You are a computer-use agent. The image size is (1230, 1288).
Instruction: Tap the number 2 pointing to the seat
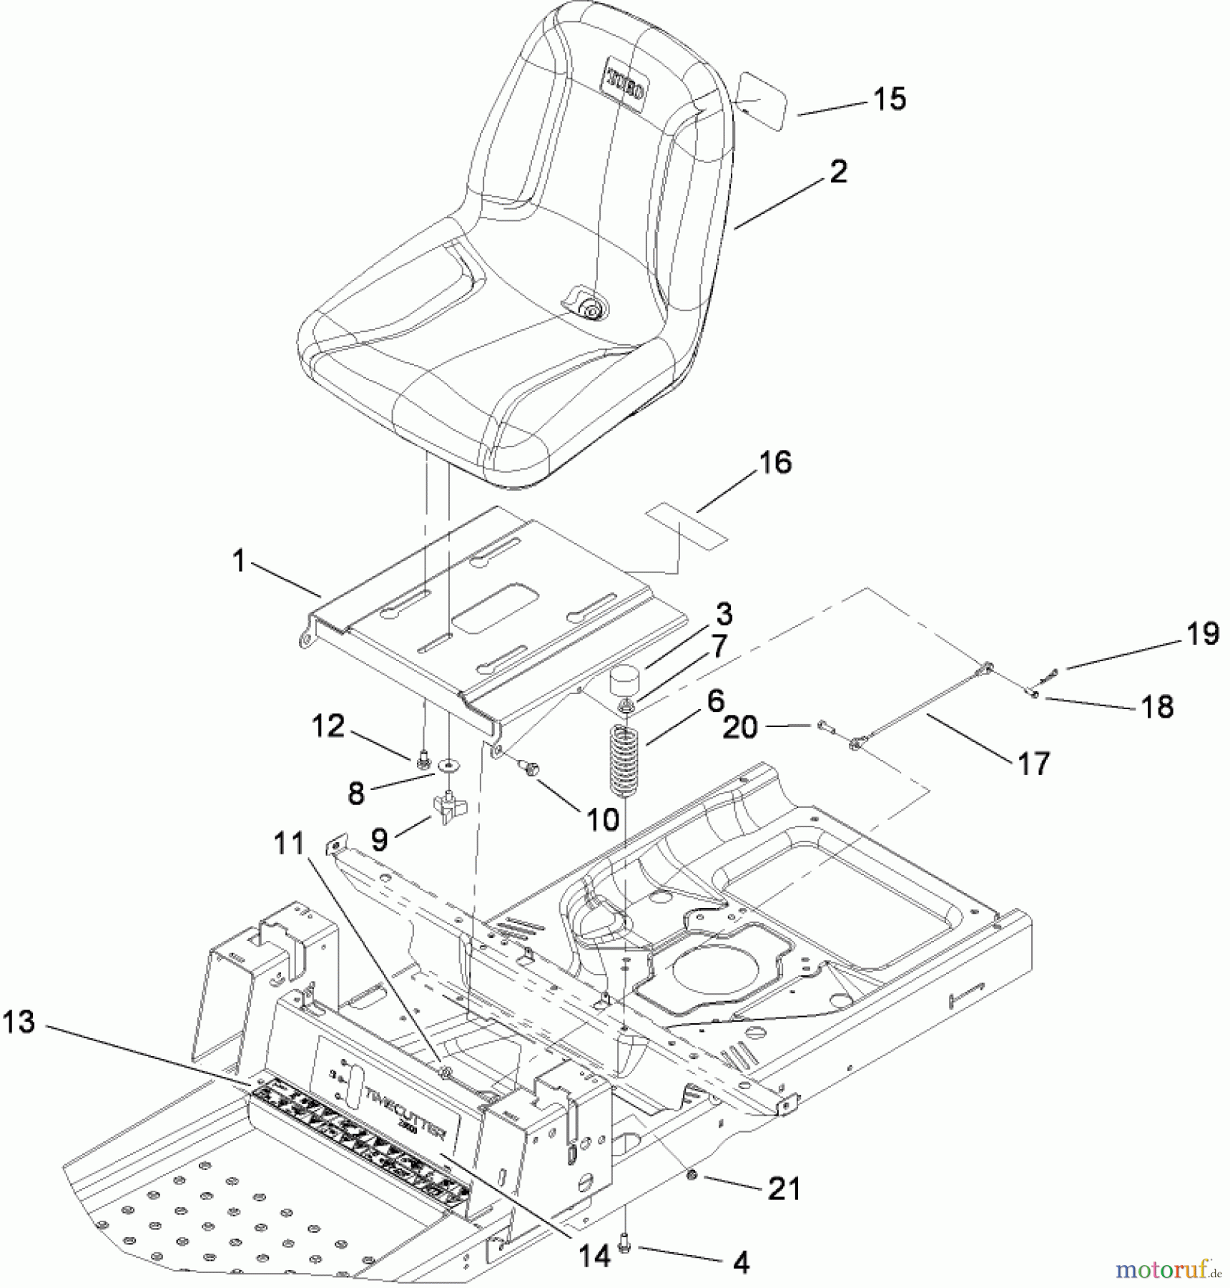838,172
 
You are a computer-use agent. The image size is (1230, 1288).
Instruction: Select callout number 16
775,462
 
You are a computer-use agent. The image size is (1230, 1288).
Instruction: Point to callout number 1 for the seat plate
239,562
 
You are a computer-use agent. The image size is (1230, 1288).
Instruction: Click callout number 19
1202,634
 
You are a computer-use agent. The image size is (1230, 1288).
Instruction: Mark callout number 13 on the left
19,1022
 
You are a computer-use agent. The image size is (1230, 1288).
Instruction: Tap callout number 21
784,1189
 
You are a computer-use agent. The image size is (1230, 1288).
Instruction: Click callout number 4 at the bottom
742,1263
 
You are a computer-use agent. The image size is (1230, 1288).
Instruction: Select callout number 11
290,844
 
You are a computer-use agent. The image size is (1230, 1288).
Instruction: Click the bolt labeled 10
530,769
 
